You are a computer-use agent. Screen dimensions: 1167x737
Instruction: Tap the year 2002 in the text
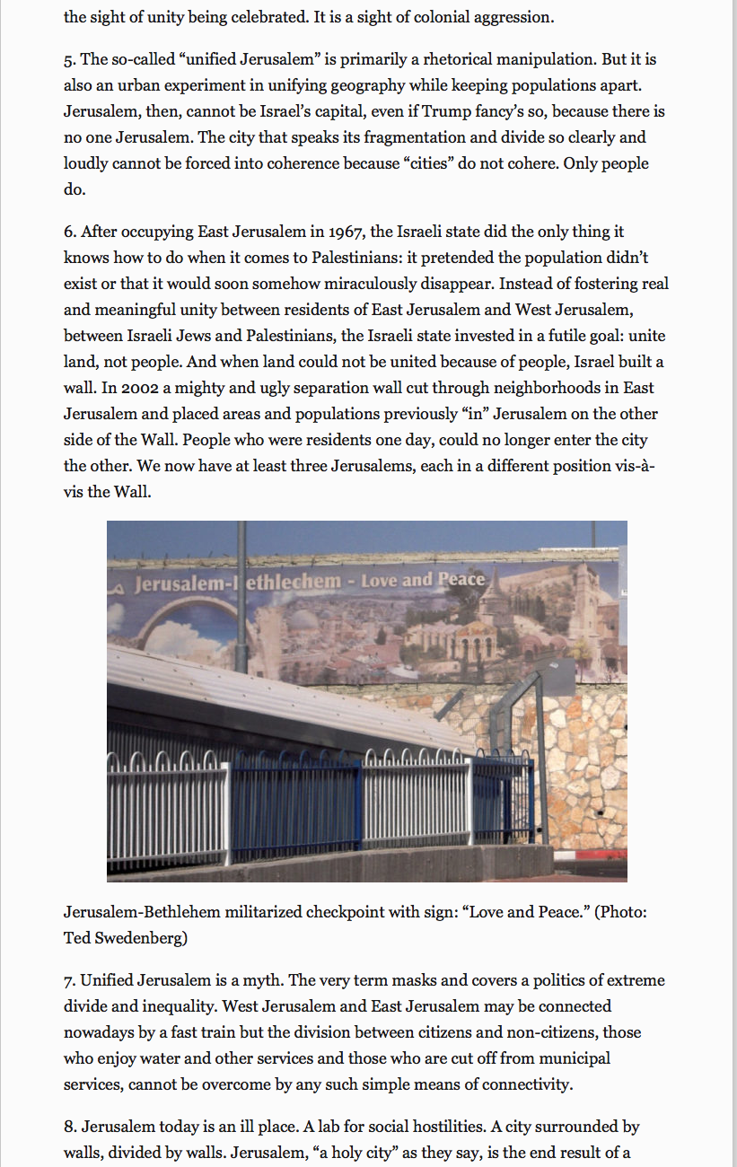pos(117,388)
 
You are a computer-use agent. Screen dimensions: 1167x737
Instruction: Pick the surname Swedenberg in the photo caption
pos(144,938)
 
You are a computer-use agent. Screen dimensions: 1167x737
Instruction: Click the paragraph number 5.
pos(68,60)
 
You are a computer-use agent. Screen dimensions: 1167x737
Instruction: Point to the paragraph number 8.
pos(68,1127)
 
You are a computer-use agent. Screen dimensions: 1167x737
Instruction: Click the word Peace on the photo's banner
pos(461,580)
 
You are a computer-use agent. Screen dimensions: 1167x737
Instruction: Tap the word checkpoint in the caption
pos(345,912)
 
